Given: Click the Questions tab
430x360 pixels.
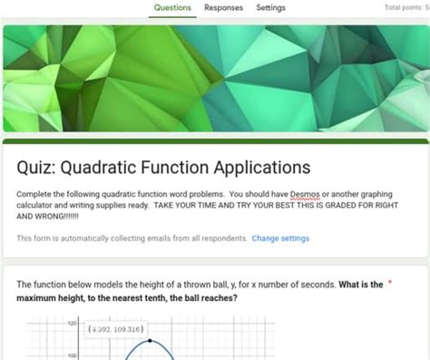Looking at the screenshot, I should click(172, 8).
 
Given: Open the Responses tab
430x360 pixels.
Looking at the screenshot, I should click(223, 8).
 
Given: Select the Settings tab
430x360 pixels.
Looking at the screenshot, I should click(270, 8).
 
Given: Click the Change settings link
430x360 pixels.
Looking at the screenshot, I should click(280, 238).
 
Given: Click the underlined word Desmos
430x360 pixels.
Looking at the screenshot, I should click(303, 194).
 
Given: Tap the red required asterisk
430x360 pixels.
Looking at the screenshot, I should click(390, 283).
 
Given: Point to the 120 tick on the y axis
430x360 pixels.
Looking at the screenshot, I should click(72, 324).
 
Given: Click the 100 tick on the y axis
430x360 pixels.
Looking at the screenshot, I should click(72, 355).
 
